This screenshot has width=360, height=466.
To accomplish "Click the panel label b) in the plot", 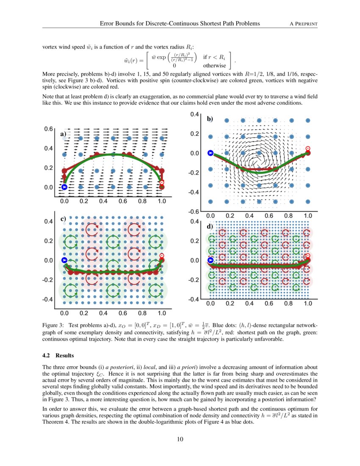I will click(x=210, y=119).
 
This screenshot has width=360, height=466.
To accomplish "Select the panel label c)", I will click(x=63, y=219).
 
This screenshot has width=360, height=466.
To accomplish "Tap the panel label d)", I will click(x=210, y=227).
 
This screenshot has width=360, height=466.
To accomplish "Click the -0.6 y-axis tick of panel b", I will click(x=194, y=212).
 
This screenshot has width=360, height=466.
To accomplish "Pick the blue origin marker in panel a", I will click(x=64, y=187).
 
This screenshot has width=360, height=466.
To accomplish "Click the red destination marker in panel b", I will click(x=308, y=149).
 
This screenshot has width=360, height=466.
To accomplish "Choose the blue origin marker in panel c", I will click(x=64, y=260).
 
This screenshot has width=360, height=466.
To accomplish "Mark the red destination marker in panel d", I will click(x=308, y=256).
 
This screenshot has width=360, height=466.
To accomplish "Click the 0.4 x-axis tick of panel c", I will click(x=103, y=313).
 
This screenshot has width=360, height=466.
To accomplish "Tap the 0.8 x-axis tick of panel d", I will click(x=288, y=303).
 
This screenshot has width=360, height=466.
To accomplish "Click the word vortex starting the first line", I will click(x=50, y=47).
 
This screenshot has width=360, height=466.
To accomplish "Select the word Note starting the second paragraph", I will click(x=50, y=97).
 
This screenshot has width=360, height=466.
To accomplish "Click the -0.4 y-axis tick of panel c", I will click(x=48, y=300).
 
